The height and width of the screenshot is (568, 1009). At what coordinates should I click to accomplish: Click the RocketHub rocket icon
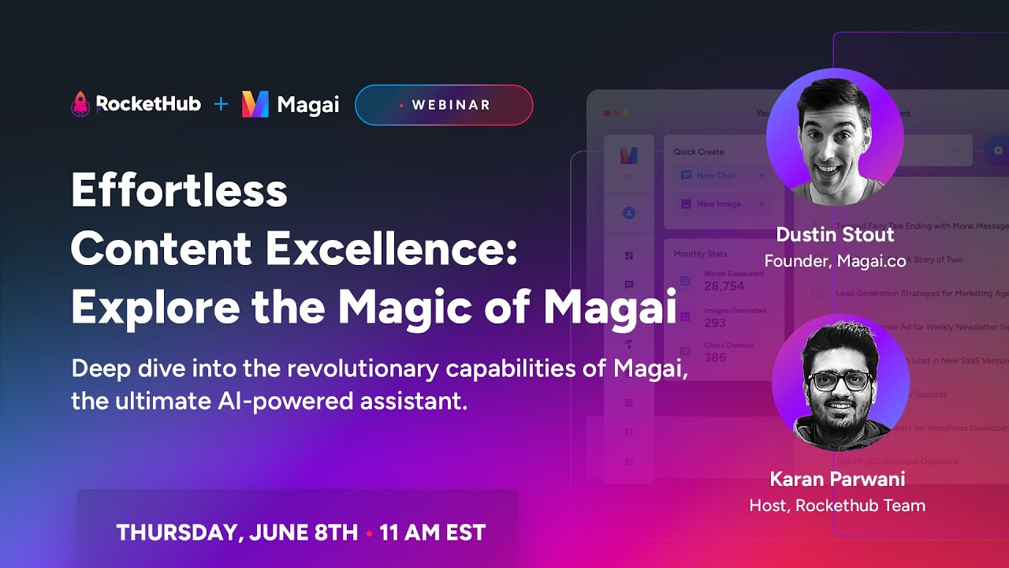(x=80, y=104)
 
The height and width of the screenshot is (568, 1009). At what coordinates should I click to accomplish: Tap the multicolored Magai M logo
(x=255, y=104)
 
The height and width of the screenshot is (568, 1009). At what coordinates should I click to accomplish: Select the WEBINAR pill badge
(x=444, y=105)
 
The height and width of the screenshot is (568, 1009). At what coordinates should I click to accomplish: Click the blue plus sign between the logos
(x=222, y=104)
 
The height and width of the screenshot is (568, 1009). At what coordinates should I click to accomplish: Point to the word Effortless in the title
(x=179, y=191)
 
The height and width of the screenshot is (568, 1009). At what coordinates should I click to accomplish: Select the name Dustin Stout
(x=835, y=234)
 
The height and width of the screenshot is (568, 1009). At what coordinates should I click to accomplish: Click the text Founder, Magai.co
(x=835, y=260)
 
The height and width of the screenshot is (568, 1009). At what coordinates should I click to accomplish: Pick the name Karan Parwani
(x=837, y=479)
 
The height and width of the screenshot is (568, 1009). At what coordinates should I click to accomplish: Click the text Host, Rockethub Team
(x=837, y=505)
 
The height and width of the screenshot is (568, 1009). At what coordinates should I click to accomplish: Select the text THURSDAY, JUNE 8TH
(x=237, y=532)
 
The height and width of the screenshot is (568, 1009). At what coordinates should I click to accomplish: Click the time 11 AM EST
(x=432, y=532)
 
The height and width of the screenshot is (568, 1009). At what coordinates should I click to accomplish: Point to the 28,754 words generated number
(x=724, y=286)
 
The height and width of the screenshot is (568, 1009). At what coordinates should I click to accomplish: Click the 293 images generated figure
(x=715, y=323)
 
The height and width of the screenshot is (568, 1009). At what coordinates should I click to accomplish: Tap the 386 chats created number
(x=715, y=357)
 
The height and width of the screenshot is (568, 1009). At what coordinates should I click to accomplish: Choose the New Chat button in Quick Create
(x=716, y=175)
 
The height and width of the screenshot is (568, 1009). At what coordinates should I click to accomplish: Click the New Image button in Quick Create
(x=717, y=204)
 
